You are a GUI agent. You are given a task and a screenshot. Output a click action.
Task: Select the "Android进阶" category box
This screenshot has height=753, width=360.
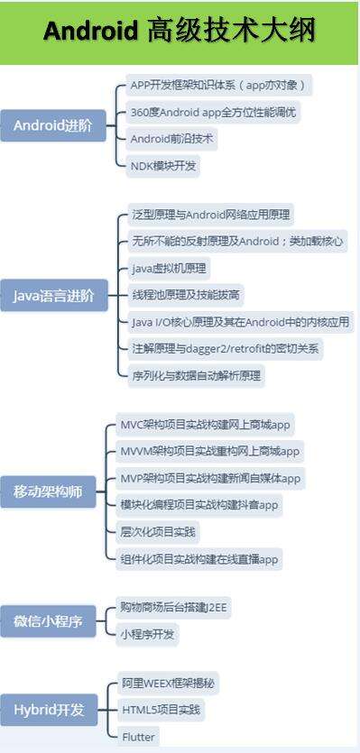click(x=52, y=125)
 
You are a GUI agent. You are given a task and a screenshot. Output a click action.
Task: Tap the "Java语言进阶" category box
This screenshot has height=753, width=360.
click(x=52, y=295)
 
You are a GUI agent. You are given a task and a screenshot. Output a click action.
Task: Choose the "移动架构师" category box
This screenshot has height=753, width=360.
click(x=52, y=491)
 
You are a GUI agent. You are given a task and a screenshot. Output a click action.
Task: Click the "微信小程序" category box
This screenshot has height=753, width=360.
click(x=52, y=621)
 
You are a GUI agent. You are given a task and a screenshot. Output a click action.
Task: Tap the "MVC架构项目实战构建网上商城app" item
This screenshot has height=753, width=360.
click(x=207, y=424)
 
